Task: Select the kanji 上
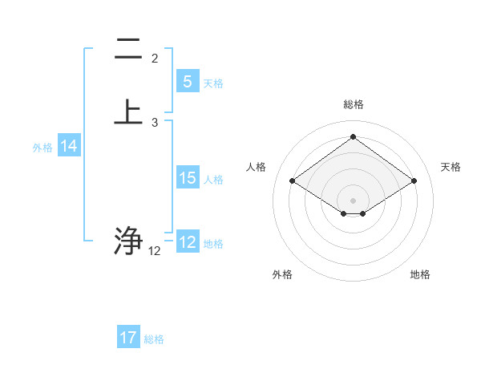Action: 128,111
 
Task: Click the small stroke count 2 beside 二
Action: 155,59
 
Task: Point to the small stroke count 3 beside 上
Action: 155,123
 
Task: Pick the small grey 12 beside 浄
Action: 155,251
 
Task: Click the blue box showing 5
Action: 187,82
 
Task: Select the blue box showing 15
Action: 187,178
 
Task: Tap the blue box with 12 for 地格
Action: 187,242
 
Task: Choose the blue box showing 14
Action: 69,146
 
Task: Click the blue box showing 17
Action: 128,338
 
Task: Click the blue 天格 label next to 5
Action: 213,83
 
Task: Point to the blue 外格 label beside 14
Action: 42,148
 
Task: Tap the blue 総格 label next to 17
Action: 155,339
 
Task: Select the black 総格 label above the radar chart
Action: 353,104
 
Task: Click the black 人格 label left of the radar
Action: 257,167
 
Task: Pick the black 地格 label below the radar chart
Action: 420,274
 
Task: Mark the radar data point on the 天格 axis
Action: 414,181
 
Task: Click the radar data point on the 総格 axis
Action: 353,136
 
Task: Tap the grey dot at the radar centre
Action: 353,200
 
